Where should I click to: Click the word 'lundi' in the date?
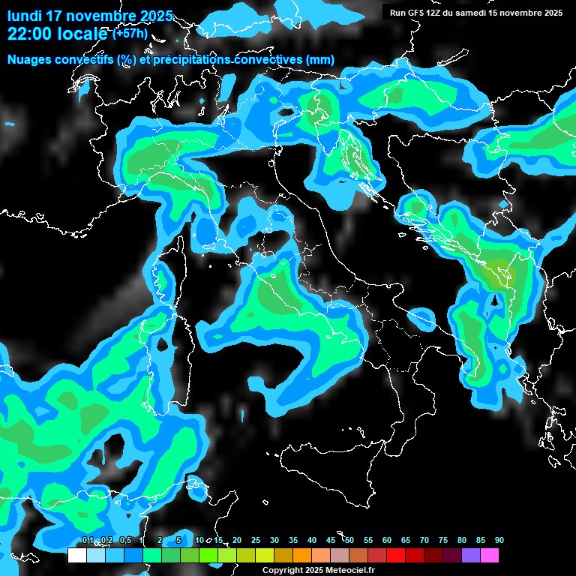coord(24,16)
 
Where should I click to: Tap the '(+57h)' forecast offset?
coord(130,34)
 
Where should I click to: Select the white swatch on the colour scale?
coord(76,556)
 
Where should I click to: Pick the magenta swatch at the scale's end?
coord(490,556)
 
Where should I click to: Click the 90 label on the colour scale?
coord(499,540)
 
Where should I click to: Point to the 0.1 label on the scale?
coord(87,540)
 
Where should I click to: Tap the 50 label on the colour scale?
coord(349,540)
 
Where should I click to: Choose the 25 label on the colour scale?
coord(256,540)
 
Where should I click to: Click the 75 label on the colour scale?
coord(443,540)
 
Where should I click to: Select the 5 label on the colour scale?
coord(178,540)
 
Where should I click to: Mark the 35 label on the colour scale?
coord(293,540)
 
